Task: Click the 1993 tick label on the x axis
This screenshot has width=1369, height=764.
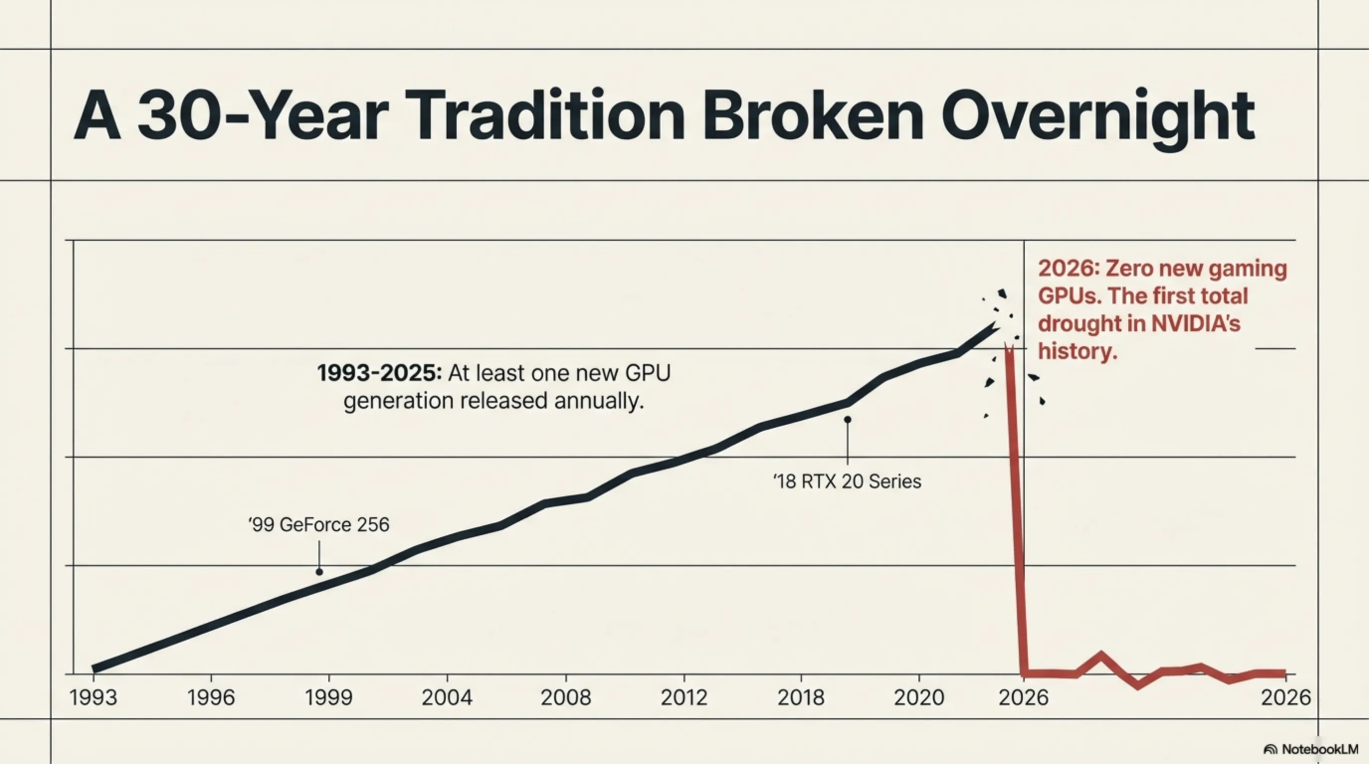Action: click(93, 697)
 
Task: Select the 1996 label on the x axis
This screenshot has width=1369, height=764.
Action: click(211, 697)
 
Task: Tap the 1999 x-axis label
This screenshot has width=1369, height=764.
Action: click(328, 697)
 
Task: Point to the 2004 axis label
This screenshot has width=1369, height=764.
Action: click(447, 697)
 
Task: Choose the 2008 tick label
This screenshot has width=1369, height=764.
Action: click(566, 697)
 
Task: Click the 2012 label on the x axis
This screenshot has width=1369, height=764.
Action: click(684, 697)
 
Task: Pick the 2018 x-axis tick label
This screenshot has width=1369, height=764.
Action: click(801, 697)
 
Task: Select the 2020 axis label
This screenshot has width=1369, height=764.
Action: click(919, 697)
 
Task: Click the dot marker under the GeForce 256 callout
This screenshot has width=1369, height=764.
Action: click(319, 572)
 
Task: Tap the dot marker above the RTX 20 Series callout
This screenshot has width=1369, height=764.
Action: click(848, 420)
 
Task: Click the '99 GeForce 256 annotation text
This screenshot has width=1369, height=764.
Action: click(319, 525)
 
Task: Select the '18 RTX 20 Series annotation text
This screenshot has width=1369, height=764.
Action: click(847, 482)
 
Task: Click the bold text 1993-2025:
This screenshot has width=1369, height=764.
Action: click(380, 373)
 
